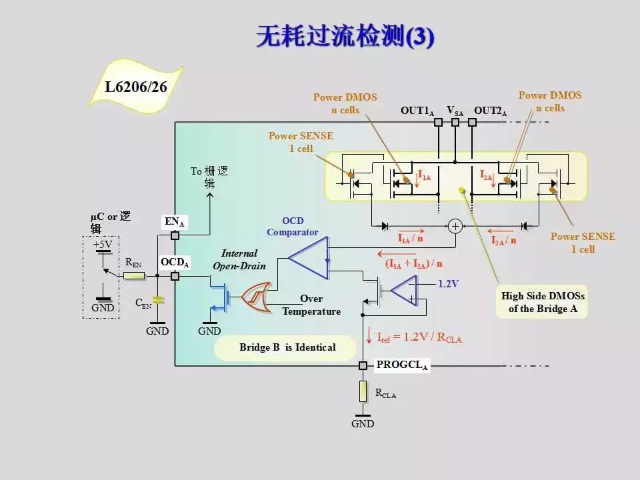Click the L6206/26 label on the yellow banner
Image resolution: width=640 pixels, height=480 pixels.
pos(136,87)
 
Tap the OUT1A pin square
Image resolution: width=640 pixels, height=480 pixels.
pos(439,122)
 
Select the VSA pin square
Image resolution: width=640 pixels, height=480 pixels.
pos(455,122)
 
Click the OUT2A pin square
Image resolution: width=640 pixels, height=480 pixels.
pos(472,122)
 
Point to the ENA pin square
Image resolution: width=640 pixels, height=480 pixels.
pos(175,235)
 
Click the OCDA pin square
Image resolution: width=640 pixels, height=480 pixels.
pos(175,276)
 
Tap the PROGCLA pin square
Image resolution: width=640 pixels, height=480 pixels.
pos(363,366)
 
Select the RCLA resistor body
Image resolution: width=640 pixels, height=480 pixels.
pos(363,391)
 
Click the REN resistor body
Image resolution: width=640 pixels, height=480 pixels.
pos(134,276)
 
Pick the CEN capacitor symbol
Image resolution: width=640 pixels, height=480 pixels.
pos(158,301)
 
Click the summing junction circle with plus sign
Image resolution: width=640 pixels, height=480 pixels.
pos(455,226)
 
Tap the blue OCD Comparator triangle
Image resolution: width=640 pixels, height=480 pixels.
pos(308,258)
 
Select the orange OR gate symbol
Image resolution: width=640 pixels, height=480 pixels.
pos(256,297)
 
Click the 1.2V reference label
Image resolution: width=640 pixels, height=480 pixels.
pos(448,284)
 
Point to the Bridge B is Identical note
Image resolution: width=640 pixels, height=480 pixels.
pos(287,347)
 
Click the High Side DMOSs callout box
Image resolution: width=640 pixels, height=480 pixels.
pos(543,302)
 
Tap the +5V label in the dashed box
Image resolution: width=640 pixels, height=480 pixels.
pos(102,245)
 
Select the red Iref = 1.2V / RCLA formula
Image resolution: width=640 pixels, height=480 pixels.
pos(419,337)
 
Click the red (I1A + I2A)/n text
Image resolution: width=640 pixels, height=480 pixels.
pos(413,264)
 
